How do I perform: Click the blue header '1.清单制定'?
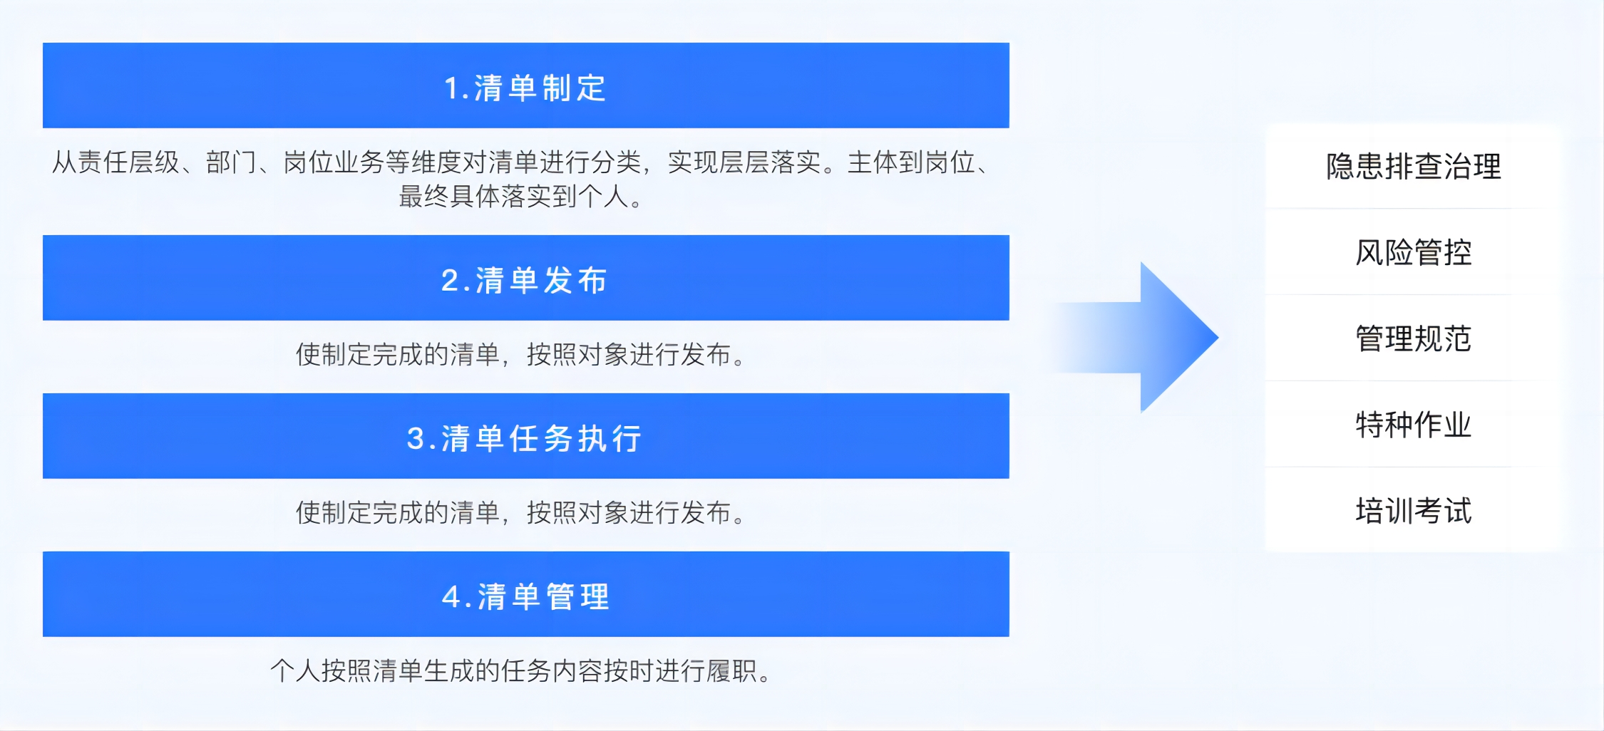(x=526, y=85)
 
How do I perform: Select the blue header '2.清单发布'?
(x=526, y=278)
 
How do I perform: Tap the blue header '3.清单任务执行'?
(x=526, y=436)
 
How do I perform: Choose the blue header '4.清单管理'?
(x=526, y=594)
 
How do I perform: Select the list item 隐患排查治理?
(x=1414, y=167)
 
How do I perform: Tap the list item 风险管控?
(x=1414, y=252)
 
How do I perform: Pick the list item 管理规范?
(x=1414, y=338)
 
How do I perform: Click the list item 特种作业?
(x=1414, y=425)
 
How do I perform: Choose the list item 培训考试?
(x=1414, y=511)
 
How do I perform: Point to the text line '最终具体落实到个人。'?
(x=521, y=196)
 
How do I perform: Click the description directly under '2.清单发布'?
(x=521, y=354)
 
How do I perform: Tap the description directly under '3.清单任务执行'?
(x=521, y=512)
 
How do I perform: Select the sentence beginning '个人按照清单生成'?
(x=521, y=670)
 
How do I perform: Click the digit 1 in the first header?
(x=451, y=88)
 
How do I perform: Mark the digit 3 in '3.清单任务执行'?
(x=416, y=439)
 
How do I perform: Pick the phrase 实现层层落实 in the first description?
(x=744, y=162)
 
